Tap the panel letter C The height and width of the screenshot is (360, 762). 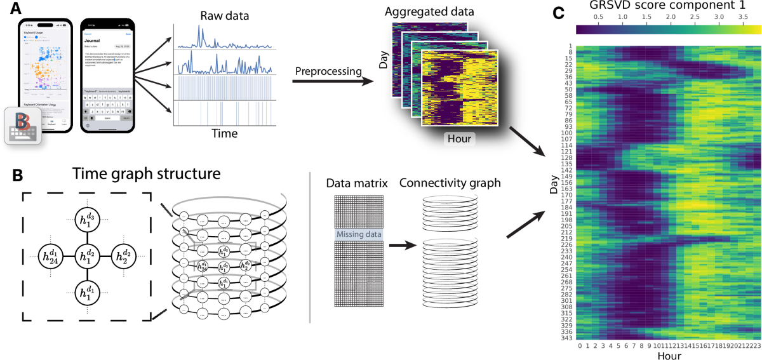coord(558,11)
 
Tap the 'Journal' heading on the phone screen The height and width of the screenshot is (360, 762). coord(94,40)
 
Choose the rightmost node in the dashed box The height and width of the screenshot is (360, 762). coord(124,257)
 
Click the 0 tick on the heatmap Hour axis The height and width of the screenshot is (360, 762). coord(580,347)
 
